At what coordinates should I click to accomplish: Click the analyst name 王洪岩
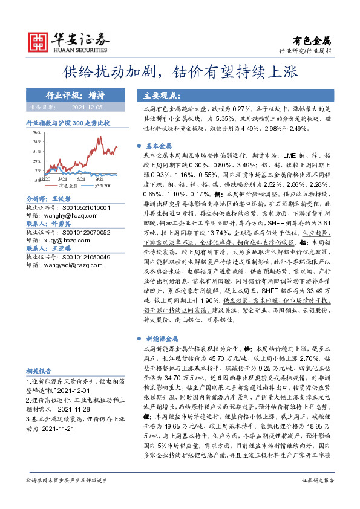pyautogui.click(x=62, y=198)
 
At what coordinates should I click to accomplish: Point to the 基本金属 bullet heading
pyautogui.click(x=160, y=146)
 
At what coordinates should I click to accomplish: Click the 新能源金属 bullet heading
pyautogui.click(x=163, y=340)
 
